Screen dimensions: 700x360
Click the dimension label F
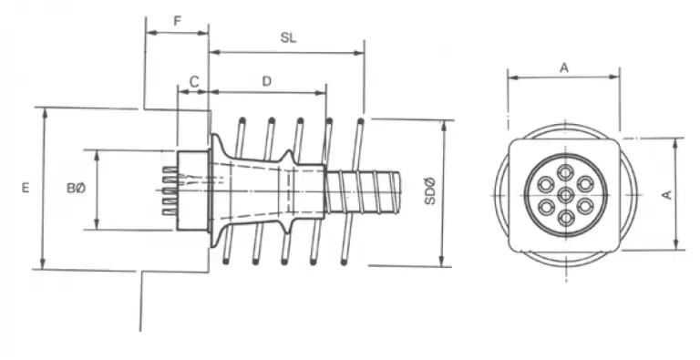(x=178, y=21)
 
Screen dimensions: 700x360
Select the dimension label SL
(x=288, y=38)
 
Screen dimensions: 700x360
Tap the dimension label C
(x=194, y=82)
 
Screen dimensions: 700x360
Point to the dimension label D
(x=266, y=81)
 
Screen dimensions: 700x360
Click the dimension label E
(x=26, y=188)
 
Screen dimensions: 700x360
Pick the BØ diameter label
(x=76, y=189)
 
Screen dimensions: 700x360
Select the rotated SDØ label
(x=429, y=191)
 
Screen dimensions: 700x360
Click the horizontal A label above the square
(x=564, y=67)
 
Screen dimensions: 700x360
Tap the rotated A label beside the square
(x=666, y=195)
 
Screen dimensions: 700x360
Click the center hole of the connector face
(x=566, y=195)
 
